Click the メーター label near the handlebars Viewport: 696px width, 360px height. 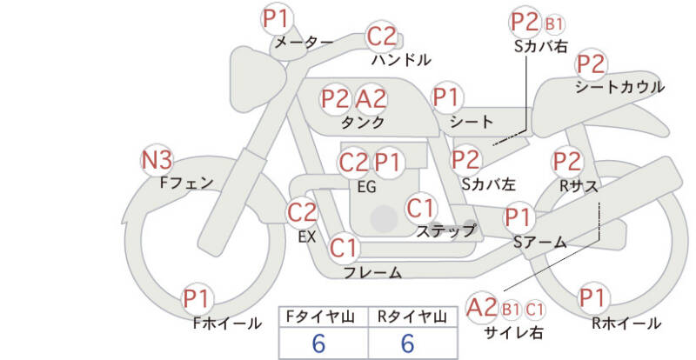pos(304,43)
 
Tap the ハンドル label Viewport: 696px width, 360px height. pos(401,59)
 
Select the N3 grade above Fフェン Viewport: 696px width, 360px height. pos(157,160)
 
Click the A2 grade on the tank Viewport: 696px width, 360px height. pos(371,98)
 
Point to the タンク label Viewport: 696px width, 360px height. pos(363,122)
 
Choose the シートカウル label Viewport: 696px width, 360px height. pos(620,87)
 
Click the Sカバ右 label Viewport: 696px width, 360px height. pos(540,46)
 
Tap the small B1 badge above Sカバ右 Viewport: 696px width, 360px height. pos(553,24)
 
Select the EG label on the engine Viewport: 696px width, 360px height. pos(366,187)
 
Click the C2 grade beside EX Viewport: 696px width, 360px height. pos(302,212)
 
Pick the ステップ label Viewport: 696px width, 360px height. pos(445,230)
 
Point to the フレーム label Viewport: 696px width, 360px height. pos(373,272)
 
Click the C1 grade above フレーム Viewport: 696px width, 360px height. pos(344,248)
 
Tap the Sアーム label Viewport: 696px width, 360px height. pos(540,243)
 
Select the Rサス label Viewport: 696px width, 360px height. pos(578,186)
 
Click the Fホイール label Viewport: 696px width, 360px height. pos(227,323)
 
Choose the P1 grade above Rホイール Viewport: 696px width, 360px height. pos(593,297)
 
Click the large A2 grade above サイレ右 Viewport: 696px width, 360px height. pos(481,307)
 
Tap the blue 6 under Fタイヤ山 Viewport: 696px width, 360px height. pos(318,343)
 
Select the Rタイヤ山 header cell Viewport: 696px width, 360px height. pos(412,317)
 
